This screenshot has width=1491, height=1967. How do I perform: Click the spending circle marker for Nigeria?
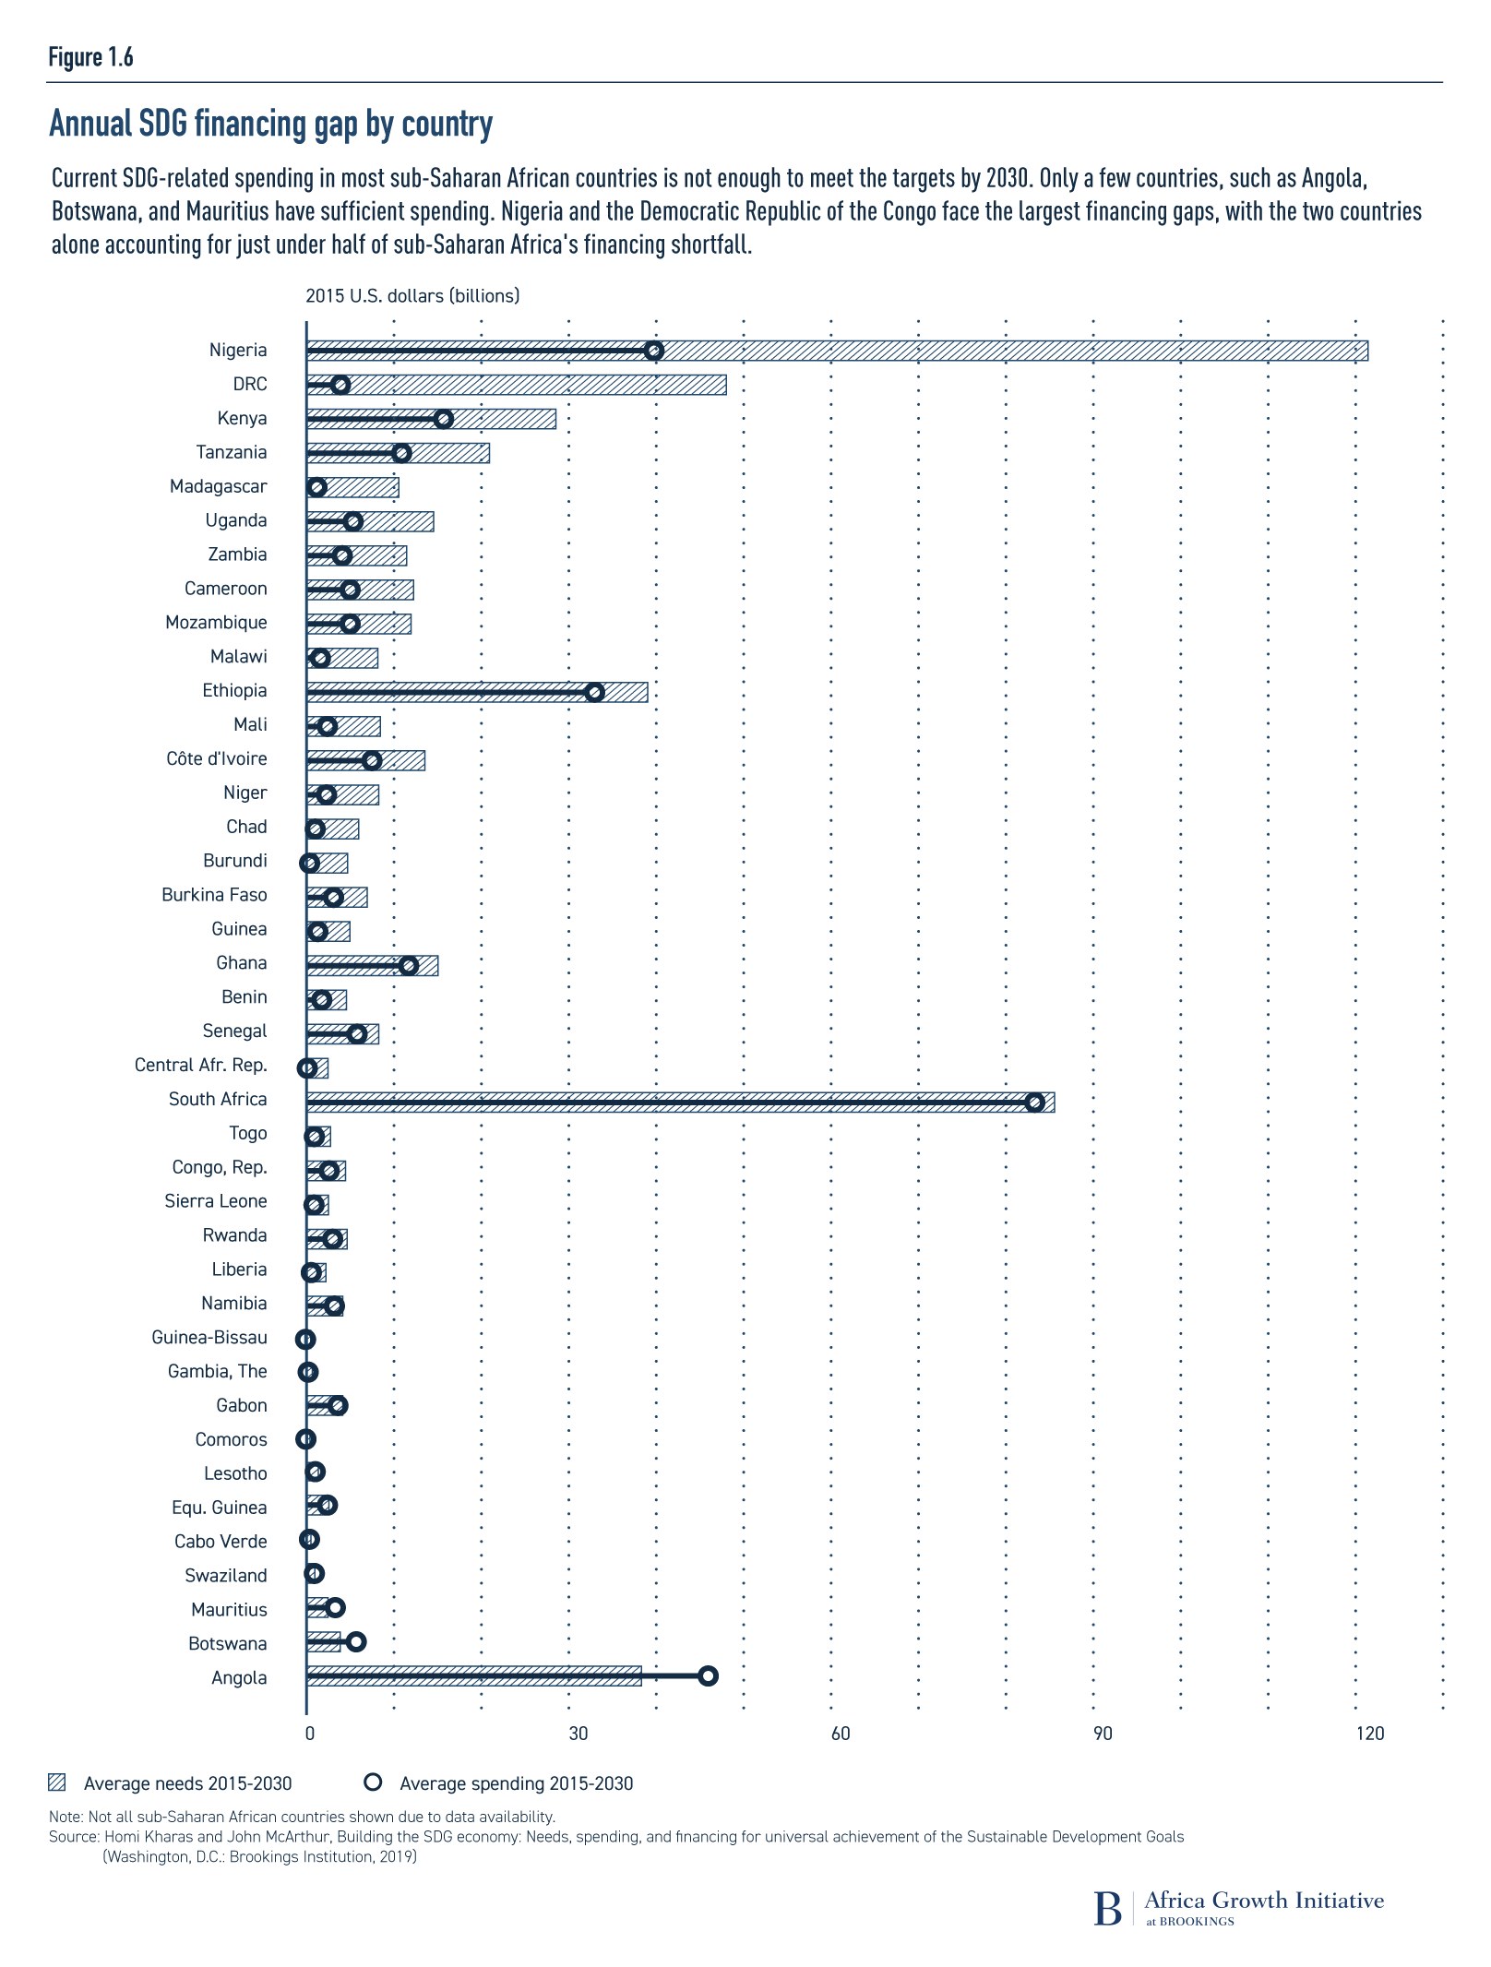click(x=654, y=351)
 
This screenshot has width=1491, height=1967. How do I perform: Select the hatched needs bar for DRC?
click(x=535, y=385)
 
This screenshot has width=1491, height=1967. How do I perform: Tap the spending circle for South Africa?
click(x=1035, y=1103)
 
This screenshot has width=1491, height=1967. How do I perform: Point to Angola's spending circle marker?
click(x=708, y=1676)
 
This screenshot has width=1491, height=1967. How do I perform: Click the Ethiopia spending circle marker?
click(x=595, y=692)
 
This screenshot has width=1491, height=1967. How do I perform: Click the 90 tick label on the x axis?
click(x=1103, y=1734)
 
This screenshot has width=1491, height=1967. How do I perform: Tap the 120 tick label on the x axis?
click(x=1370, y=1734)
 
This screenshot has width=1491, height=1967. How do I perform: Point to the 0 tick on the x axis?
click(x=309, y=1734)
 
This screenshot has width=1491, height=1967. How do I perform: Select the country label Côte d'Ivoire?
click(x=217, y=758)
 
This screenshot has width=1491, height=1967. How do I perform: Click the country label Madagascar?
click(x=219, y=486)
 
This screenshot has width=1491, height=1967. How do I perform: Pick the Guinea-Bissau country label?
click(x=209, y=1337)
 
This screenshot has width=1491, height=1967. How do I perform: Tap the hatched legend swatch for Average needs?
click(x=57, y=1782)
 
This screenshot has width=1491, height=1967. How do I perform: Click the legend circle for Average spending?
click(x=373, y=1782)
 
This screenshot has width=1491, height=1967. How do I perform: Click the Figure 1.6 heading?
click(x=90, y=57)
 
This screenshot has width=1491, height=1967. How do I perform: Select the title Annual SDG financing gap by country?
click(x=270, y=124)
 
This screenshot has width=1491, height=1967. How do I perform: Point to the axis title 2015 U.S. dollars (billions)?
click(x=412, y=295)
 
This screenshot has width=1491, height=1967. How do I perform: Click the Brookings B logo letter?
click(x=1107, y=1908)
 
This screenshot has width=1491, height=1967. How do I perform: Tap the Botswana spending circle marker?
click(x=356, y=1642)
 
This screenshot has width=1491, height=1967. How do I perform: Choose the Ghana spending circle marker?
click(x=409, y=965)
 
